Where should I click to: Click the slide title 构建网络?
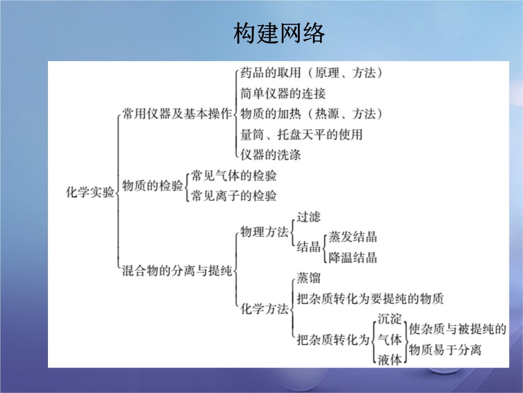click(279, 33)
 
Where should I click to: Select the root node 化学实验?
click(90, 192)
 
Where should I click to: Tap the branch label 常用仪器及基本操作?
click(177, 114)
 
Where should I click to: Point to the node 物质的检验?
click(153, 185)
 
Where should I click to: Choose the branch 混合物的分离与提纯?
click(177, 270)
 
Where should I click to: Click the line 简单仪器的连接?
click(283, 94)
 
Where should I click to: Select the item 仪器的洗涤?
click(271, 155)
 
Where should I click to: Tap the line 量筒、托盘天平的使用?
click(302, 134)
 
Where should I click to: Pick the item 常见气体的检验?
click(234, 176)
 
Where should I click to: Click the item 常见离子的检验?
click(234, 196)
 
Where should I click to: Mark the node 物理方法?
click(264, 232)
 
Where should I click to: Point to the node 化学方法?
click(264, 309)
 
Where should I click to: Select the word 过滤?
click(308, 217)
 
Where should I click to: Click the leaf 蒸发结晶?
click(353, 237)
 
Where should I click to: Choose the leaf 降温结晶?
click(353, 258)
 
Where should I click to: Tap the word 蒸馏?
click(308, 278)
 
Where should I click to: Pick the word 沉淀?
click(389, 319)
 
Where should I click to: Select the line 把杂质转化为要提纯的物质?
click(370, 298)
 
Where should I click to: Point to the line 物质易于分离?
click(446, 350)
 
